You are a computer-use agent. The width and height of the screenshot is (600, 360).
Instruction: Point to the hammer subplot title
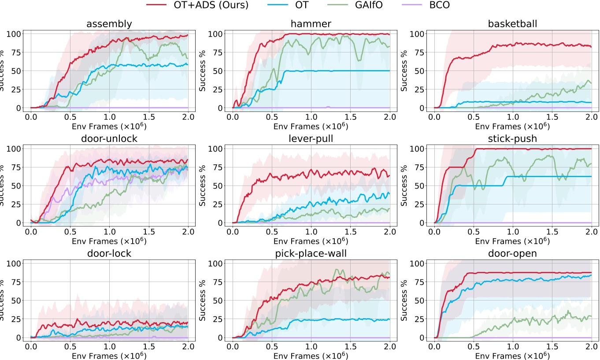pos(311,24)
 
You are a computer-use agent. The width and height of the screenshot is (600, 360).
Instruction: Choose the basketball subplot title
pos(513,24)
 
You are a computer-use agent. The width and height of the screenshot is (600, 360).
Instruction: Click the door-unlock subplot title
pos(109,139)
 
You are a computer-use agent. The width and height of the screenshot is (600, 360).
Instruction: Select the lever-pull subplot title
pos(311,139)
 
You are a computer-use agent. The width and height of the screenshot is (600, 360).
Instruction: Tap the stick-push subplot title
pos(513,139)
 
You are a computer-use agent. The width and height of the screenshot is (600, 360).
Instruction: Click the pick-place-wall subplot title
pos(311,254)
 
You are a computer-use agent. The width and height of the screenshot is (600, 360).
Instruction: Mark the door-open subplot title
pos(513,254)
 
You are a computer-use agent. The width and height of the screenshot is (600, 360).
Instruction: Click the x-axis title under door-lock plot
pos(109,356)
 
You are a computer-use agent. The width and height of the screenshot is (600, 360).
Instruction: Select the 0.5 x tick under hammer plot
pos(272,116)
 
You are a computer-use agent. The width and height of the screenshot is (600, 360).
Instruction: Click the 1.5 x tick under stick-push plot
pos(552,231)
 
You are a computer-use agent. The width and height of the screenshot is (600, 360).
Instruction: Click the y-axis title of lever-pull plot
pos(202,186)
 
